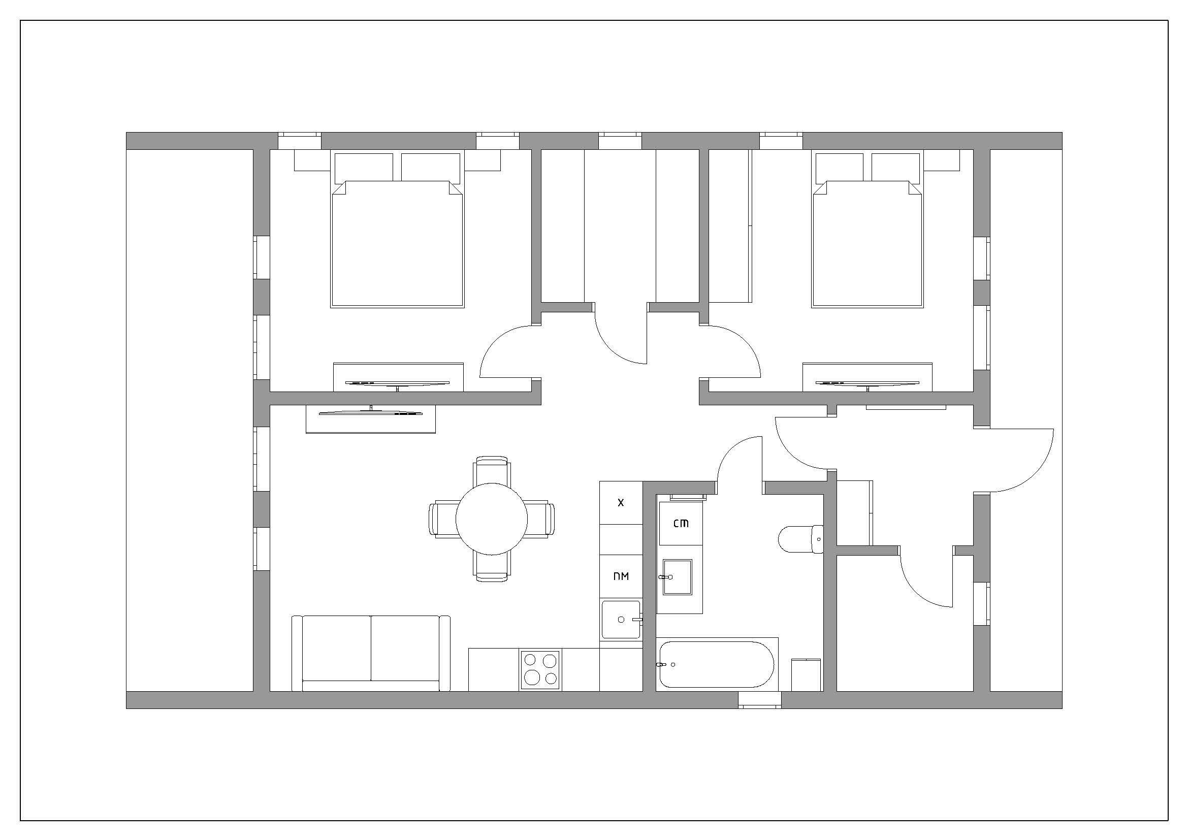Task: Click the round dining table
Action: click(x=492, y=519)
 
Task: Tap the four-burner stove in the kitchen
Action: click(x=540, y=670)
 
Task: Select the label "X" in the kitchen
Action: click(x=621, y=502)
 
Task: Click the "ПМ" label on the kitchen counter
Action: click(x=621, y=576)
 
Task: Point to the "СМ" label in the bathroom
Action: click(x=681, y=523)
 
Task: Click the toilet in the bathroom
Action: click(x=801, y=539)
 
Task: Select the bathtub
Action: click(x=717, y=664)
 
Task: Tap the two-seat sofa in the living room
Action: click(x=371, y=653)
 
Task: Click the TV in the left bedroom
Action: click(x=397, y=384)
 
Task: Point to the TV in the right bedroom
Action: click(x=867, y=384)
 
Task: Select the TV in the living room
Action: click(x=370, y=412)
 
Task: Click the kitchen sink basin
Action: click(x=621, y=619)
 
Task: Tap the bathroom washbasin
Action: click(x=678, y=577)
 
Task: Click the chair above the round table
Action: click(x=492, y=470)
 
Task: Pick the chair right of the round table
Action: click(x=540, y=519)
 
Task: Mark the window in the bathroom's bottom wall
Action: click(x=759, y=700)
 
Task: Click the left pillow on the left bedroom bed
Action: click(x=364, y=168)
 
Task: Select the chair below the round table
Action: click(x=492, y=567)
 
